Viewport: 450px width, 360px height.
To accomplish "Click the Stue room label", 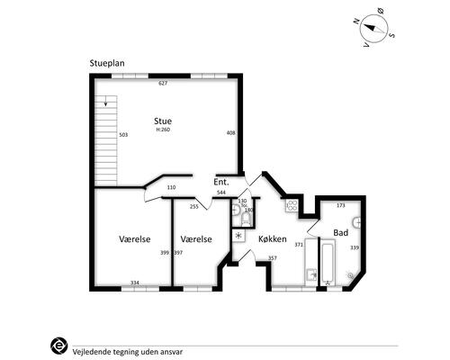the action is [x=163, y=121].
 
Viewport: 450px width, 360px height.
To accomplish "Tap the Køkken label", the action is [x=273, y=238].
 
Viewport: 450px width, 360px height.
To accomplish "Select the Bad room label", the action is [x=341, y=232].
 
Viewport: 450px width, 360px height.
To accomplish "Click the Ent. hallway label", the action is [x=221, y=182].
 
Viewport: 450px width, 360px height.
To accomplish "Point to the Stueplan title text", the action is [x=107, y=63].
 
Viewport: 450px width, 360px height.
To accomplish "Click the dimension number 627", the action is [x=163, y=83].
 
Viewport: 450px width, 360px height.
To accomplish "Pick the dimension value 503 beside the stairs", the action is [x=123, y=135].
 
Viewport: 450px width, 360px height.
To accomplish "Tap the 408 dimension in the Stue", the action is [x=230, y=132].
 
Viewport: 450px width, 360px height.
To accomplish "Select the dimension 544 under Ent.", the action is [x=221, y=193].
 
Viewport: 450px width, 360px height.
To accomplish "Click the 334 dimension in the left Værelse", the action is [x=135, y=283].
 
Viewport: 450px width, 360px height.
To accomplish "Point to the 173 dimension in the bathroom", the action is [x=341, y=205].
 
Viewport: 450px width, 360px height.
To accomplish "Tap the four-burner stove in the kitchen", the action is [x=292, y=206].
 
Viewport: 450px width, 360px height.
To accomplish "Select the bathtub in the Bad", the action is [x=328, y=263].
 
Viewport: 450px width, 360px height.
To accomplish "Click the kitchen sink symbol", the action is [x=311, y=275].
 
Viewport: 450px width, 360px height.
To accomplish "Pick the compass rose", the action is [x=373, y=29].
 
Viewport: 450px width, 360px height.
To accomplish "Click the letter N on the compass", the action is [x=356, y=22].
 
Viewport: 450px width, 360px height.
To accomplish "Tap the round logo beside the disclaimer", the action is [x=58, y=346].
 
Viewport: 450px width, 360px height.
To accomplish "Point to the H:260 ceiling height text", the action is [x=163, y=130].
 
